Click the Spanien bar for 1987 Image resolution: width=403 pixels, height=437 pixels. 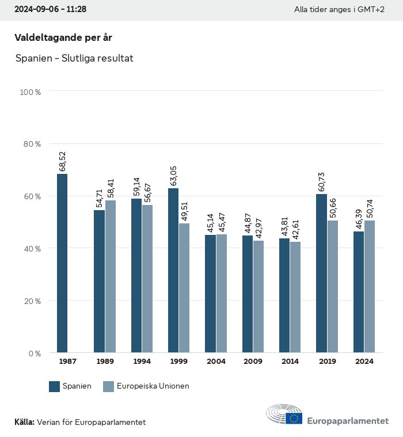62,263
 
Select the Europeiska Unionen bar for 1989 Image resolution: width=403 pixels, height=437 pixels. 110,276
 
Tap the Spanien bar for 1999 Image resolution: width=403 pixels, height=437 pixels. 173,270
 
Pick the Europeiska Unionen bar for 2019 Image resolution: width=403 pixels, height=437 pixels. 333,286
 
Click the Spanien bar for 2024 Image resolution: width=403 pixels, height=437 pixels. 359,292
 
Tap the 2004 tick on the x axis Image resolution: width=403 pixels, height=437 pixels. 216,362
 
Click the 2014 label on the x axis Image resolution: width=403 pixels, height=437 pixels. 290,362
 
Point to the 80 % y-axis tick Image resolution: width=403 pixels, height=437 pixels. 31,144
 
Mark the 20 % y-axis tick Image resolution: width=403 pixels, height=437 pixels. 31,301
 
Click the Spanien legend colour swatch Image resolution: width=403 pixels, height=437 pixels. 55,386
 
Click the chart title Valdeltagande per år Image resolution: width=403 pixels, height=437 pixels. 63,38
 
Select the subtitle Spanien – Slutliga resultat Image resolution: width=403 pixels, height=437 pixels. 74,58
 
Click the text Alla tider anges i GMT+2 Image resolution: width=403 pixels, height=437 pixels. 347,10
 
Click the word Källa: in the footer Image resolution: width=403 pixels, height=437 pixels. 24,422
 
